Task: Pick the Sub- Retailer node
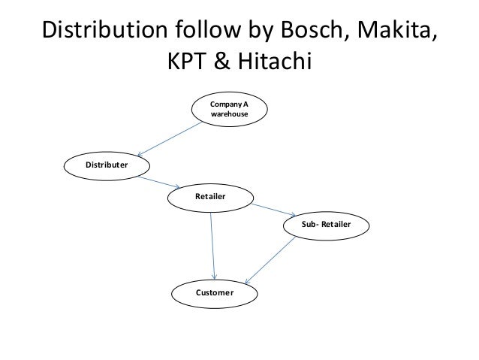[x=325, y=224]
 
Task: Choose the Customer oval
[x=214, y=292]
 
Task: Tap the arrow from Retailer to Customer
[x=214, y=244]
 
